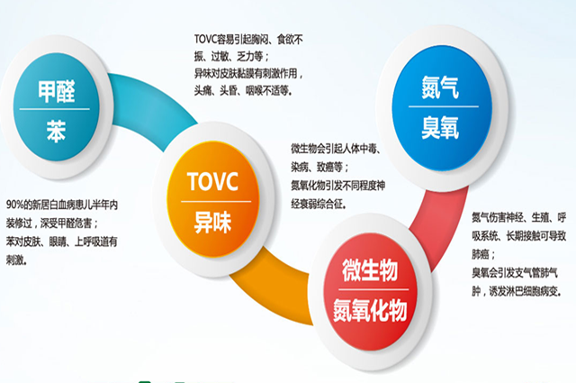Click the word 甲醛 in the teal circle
57,91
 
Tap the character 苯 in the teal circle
56,131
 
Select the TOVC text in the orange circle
212,181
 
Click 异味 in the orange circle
212,222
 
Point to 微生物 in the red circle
370,269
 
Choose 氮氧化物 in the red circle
370,310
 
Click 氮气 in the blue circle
440,87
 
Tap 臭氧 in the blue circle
440,127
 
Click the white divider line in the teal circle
55,109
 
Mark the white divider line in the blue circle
444,106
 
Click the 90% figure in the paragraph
14,205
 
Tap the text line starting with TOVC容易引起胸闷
248,39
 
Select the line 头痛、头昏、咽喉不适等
244,90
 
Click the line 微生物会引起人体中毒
336,149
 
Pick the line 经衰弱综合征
319,204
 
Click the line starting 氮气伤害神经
519,218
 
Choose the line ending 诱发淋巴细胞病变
517,291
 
